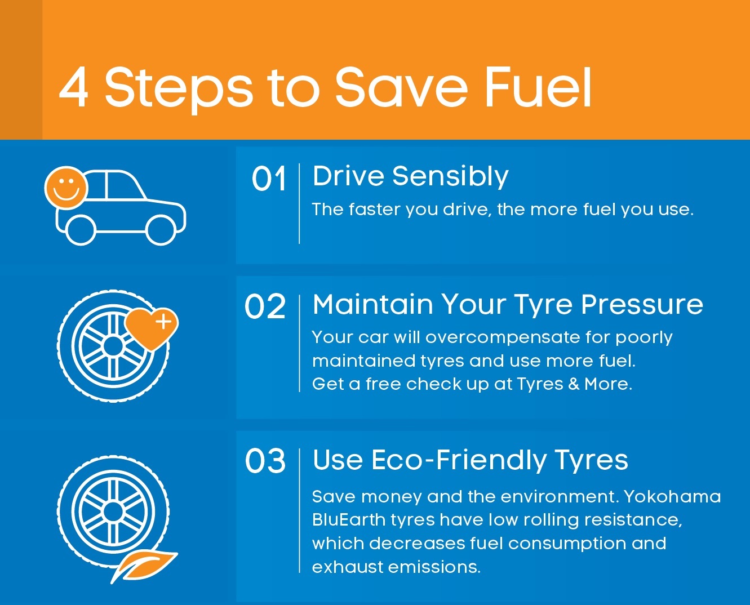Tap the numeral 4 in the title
pos(74,88)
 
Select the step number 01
pos(269,180)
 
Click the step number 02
pos(265,308)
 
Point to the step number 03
pos(265,461)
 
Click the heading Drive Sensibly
pos(410,176)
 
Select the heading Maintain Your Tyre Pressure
pos(508,305)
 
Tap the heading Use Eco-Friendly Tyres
pos(470,460)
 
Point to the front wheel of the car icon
pos(161,230)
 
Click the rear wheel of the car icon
pos(81,230)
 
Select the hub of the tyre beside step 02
pos(113,346)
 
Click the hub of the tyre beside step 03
pos(113,512)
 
